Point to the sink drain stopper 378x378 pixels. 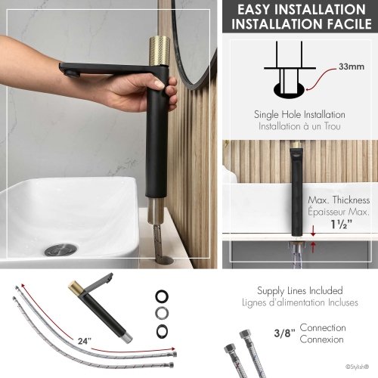click(60, 249)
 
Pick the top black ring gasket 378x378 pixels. click(162, 295)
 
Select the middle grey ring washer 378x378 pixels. click(162, 311)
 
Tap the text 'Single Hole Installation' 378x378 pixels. click(299, 114)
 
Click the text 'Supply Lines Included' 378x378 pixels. click(300, 290)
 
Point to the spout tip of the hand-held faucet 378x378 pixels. click(69, 73)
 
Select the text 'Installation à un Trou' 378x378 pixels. click(299, 126)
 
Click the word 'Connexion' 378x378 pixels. click(323, 339)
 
